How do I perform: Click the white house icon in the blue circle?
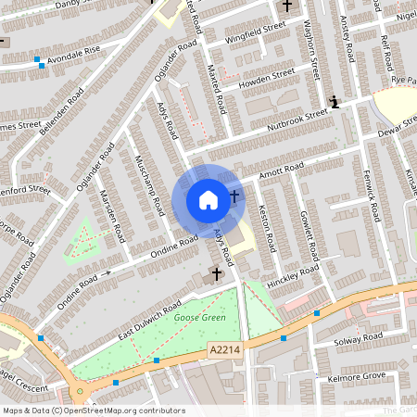(x=208, y=199)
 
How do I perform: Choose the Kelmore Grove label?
(x=358, y=375)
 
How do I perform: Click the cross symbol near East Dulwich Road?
(x=217, y=273)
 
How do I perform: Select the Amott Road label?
(x=282, y=171)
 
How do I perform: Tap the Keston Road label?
(x=267, y=227)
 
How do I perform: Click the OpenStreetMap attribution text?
(x=93, y=410)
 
